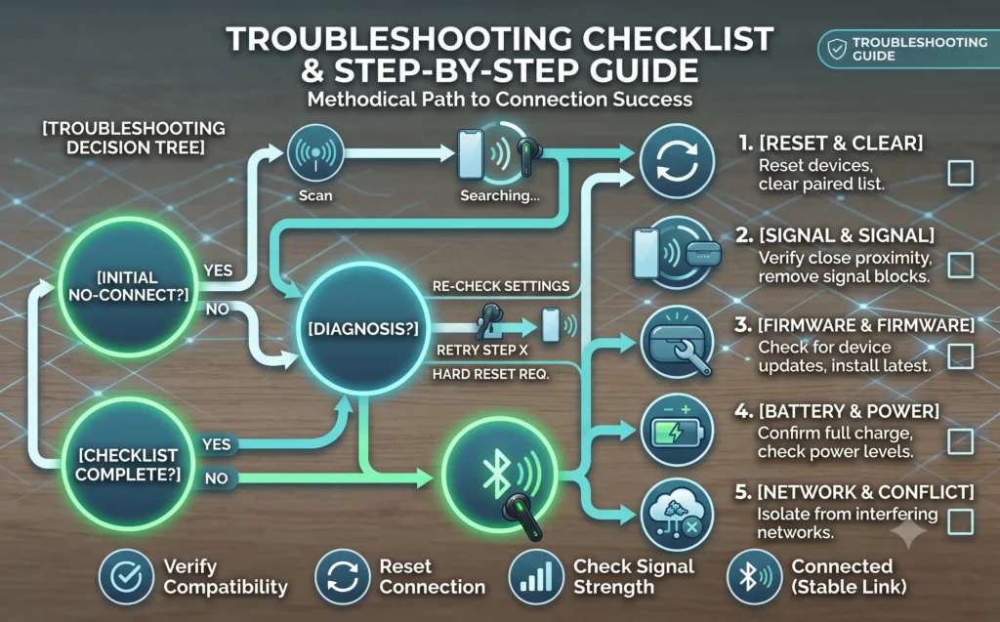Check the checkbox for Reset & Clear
pos(960,173)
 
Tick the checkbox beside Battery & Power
pos(960,441)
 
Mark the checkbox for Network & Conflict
pos(960,521)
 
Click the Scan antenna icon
pos(315,153)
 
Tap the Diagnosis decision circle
pos(363,329)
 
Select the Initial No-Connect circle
pos(128,286)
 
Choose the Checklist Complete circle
pos(128,465)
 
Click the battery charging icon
pos(678,432)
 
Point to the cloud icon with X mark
pos(678,515)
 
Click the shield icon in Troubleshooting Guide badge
pos(837,49)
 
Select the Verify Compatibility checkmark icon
pos(126,577)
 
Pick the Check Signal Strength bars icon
pos(536,577)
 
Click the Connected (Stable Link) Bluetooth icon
pos(755,577)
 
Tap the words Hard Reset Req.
pos(490,375)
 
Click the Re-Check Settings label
pos(501,286)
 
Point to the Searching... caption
pos(500,196)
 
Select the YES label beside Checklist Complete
pos(216,444)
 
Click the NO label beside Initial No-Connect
pos(217,310)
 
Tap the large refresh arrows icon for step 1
pos(678,161)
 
